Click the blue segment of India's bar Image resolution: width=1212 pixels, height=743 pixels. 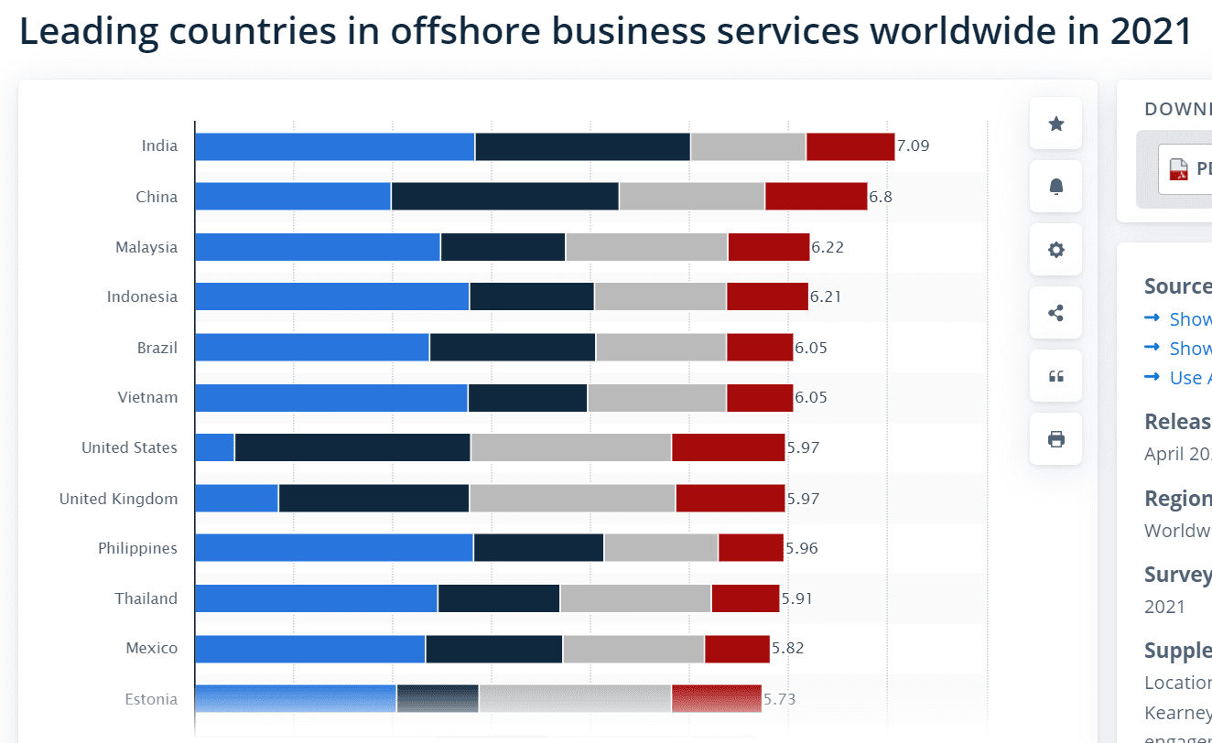click(334, 146)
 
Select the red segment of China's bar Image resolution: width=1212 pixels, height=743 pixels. click(816, 197)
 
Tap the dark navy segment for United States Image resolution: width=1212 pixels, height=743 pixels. click(352, 447)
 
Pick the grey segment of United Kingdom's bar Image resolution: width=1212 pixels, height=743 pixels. click(572, 499)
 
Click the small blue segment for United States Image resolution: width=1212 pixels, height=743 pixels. click(214, 447)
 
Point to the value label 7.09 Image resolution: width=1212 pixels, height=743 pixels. click(913, 146)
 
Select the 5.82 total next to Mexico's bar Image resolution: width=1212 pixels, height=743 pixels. click(788, 648)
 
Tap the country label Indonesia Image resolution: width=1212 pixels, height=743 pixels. click(142, 296)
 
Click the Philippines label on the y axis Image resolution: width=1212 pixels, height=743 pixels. click(137, 548)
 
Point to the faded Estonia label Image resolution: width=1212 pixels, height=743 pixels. click(151, 699)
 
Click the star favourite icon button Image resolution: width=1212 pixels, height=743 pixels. click(1055, 124)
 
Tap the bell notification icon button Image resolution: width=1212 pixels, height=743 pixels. click(1055, 187)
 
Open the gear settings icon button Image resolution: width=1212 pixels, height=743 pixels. click(1055, 250)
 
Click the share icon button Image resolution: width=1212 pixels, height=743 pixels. click(1055, 313)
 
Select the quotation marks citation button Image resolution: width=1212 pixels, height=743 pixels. click(1055, 376)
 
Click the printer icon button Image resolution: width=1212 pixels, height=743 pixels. click(1055, 439)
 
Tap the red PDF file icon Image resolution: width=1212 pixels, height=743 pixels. click(1177, 169)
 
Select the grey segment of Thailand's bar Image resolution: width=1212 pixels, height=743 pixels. click(635, 598)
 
